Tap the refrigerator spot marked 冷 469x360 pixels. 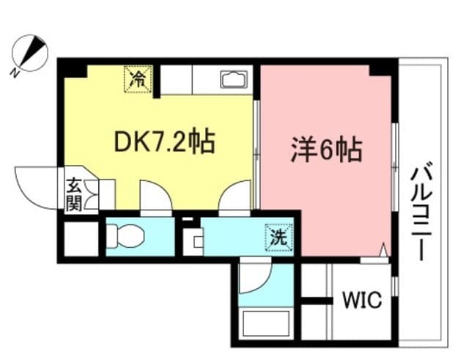click(x=139, y=79)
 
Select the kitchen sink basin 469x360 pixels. click(x=234, y=79)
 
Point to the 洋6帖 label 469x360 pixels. click(x=327, y=150)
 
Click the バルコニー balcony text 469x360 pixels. click(x=421, y=215)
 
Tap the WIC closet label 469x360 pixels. click(x=362, y=300)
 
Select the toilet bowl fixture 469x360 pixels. click(x=125, y=236)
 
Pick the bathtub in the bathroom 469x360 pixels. click(x=266, y=323)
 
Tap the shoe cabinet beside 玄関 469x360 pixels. click(x=107, y=194)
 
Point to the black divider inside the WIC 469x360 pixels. click(x=317, y=301)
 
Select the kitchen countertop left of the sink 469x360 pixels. click(x=177, y=80)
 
